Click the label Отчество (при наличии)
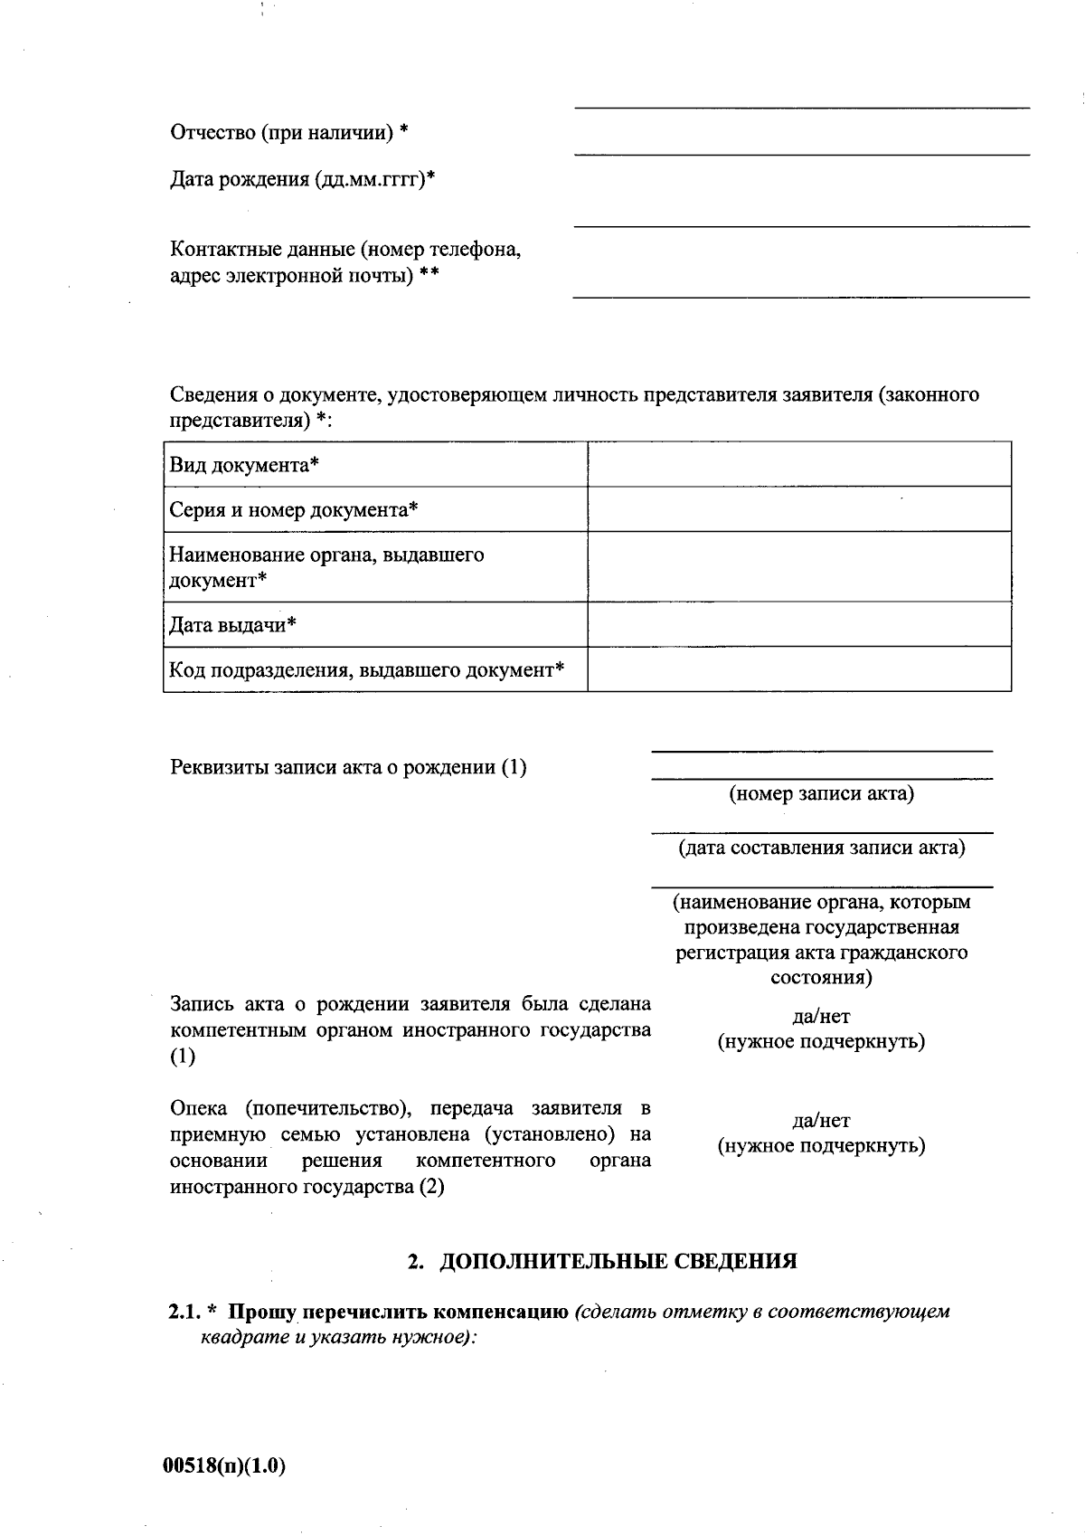point(288,133)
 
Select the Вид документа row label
point(244,465)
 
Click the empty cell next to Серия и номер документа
point(799,509)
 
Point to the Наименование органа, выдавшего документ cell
point(326,567)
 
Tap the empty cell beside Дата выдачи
point(799,625)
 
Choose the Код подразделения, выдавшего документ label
point(366,670)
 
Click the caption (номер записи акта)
point(821,794)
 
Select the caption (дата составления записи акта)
point(821,849)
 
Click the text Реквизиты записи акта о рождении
point(348,768)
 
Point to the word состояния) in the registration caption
point(821,978)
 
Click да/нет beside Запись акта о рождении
point(821,1016)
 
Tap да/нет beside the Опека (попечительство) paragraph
point(821,1121)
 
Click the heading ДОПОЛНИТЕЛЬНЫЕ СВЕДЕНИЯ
point(618,1261)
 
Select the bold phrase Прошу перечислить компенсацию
point(398,1312)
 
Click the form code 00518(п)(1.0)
point(223,1466)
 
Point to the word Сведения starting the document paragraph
point(213,395)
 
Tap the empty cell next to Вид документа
point(799,465)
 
